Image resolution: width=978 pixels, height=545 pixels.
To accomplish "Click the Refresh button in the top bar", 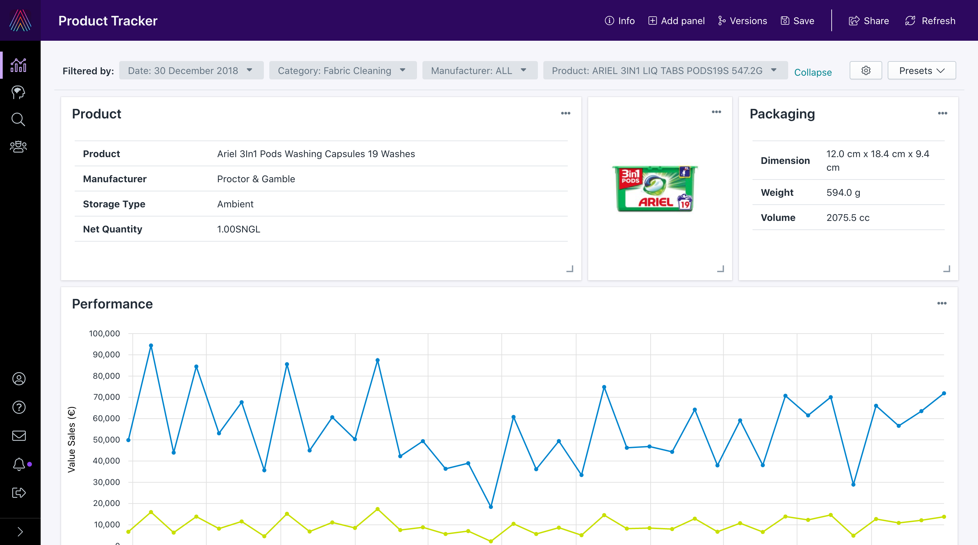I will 930,21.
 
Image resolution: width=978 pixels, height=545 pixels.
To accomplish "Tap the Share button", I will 869,21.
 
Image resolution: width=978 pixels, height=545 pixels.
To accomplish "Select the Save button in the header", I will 797,21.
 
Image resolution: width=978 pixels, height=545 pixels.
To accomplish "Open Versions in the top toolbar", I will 742,21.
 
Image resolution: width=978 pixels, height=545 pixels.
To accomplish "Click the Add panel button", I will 676,21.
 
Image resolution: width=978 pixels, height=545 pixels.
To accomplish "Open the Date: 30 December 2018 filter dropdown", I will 191,71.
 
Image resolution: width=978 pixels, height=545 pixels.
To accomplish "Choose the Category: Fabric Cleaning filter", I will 342,71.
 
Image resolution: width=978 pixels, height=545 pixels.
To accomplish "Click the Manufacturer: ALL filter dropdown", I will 479,71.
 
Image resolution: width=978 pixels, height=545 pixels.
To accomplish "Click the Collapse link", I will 813,72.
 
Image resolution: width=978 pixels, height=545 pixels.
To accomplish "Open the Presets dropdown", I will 921,71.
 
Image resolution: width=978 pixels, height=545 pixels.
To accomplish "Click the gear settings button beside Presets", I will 866,71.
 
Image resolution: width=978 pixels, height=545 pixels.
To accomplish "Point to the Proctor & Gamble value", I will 256,179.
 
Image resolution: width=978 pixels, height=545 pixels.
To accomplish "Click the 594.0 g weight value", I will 843,192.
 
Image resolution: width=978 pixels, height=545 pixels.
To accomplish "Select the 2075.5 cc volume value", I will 848,218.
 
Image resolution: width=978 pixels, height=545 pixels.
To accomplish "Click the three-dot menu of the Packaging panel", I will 942,113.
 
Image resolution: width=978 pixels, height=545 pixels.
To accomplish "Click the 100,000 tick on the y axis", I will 104,333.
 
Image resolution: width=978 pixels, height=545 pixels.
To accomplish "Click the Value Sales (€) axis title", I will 71,439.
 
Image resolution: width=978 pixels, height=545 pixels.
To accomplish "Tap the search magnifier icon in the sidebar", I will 18,119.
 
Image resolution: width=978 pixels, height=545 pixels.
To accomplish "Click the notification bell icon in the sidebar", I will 19,464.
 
